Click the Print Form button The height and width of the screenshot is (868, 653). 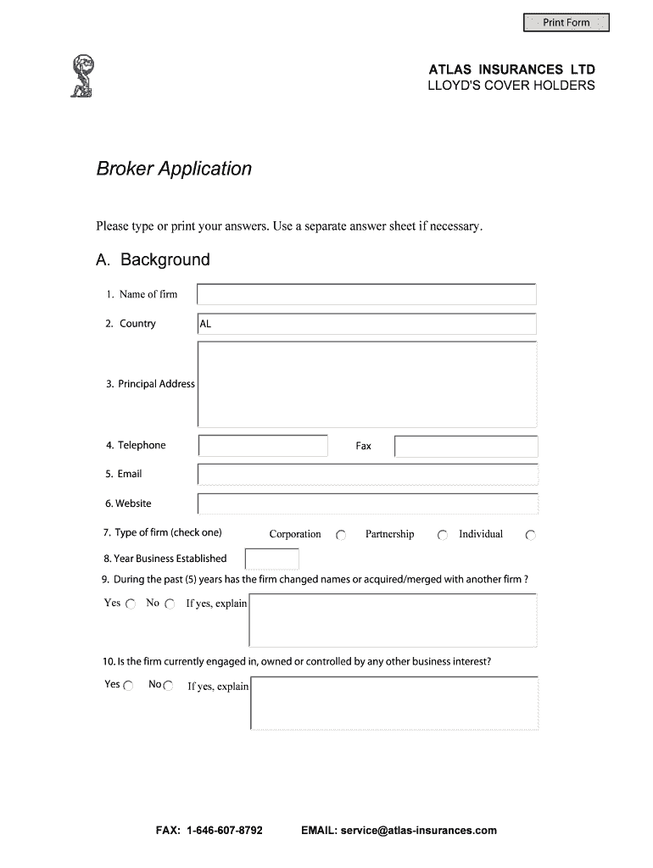566,23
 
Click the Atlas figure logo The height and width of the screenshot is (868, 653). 82,75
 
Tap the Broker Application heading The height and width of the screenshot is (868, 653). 174,169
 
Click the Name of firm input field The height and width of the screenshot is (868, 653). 366,294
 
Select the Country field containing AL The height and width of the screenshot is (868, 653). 366,324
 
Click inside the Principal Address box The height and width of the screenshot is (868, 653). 366,384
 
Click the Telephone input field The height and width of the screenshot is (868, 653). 263,446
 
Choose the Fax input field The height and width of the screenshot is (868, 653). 466,446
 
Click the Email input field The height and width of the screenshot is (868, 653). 366,475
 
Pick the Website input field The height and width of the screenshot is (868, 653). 366,504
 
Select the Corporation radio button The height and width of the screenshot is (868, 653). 341,536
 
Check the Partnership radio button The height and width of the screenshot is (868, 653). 442,536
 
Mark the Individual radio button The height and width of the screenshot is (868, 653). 531,536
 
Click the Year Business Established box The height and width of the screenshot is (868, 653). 271,559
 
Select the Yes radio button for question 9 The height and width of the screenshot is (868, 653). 131,604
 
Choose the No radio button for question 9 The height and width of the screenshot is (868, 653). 170,604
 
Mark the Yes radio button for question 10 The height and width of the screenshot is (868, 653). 128,686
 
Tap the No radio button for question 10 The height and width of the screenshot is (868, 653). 168,686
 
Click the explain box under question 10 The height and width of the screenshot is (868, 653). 394,703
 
